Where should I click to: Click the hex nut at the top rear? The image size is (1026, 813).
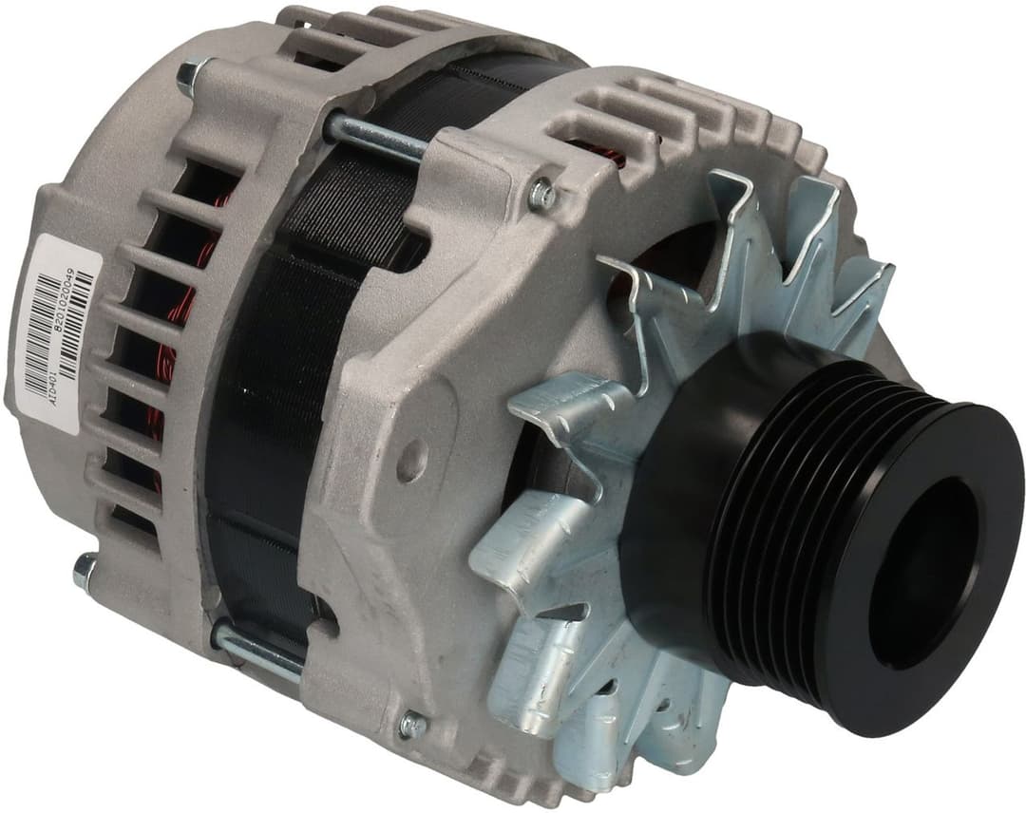click(x=191, y=75)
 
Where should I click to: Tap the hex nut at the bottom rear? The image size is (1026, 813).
click(x=85, y=570)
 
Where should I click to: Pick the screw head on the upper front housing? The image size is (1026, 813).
click(x=541, y=195)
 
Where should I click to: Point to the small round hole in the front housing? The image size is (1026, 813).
click(x=411, y=462)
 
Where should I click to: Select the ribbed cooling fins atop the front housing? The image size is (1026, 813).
click(x=665, y=114)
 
